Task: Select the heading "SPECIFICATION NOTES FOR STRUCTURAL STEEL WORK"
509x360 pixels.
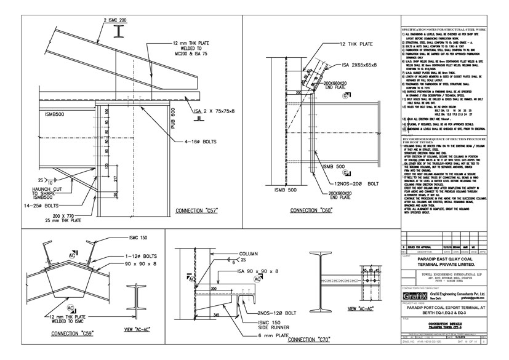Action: coord(443,30)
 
